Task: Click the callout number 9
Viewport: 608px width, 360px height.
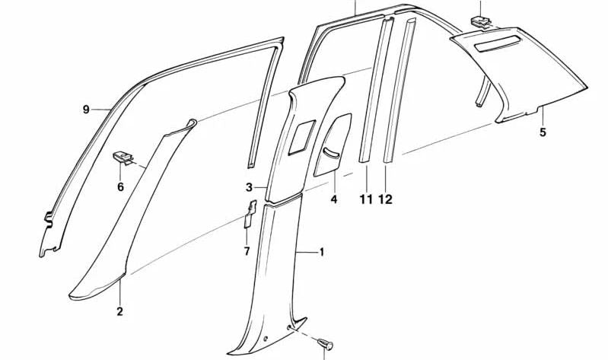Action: (x=86, y=110)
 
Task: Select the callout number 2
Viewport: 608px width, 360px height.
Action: (x=119, y=311)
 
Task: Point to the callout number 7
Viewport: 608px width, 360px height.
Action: (x=246, y=251)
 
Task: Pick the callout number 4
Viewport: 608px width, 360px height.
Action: (x=333, y=200)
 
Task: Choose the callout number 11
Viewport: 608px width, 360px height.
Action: (x=366, y=199)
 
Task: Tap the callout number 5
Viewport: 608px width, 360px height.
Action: (x=543, y=132)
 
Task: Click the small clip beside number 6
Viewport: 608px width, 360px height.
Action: (x=122, y=158)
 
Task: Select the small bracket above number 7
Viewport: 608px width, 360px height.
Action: (x=249, y=212)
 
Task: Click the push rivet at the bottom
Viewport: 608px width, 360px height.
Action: (x=327, y=343)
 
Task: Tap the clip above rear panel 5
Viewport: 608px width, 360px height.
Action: (x=482, y=18)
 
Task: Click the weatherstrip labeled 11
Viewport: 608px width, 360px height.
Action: (x=374, y=91)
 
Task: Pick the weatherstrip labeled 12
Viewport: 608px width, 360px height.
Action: (x=401, y=91)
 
